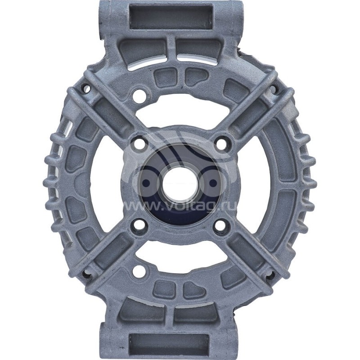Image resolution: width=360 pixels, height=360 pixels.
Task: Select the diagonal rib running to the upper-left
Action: pyautogui.click(x=101, y=108)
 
